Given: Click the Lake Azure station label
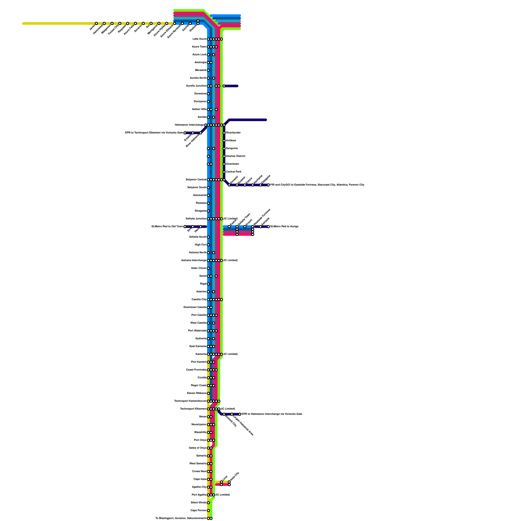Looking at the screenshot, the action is pos(199,39).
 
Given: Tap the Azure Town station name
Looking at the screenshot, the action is pos(199,47).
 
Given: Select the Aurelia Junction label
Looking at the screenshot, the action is pos(196,86).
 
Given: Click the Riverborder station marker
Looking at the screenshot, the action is pos(224,133).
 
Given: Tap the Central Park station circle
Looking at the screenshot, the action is pos(224,172).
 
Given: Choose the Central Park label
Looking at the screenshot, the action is pos(233,172).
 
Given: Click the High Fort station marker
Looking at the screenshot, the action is pos(208,245).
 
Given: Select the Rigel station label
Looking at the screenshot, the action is pos(203,284).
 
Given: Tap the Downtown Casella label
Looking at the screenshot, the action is pos(195,307).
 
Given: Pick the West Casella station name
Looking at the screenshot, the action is pos(198,323).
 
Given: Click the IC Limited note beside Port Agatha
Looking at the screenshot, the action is pos(223,495).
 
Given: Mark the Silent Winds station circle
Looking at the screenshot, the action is pos(208,503).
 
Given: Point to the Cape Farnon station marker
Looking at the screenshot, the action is pos(208,511).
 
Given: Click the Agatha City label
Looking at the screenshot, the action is pos(199,487).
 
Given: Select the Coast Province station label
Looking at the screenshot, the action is pos(196,370).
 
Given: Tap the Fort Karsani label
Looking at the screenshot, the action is pos(199,362).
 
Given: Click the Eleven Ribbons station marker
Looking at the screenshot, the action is pos(208,393).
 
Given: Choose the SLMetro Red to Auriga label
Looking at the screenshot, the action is pos(284,227).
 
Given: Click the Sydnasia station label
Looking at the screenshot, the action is pos(201,339).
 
